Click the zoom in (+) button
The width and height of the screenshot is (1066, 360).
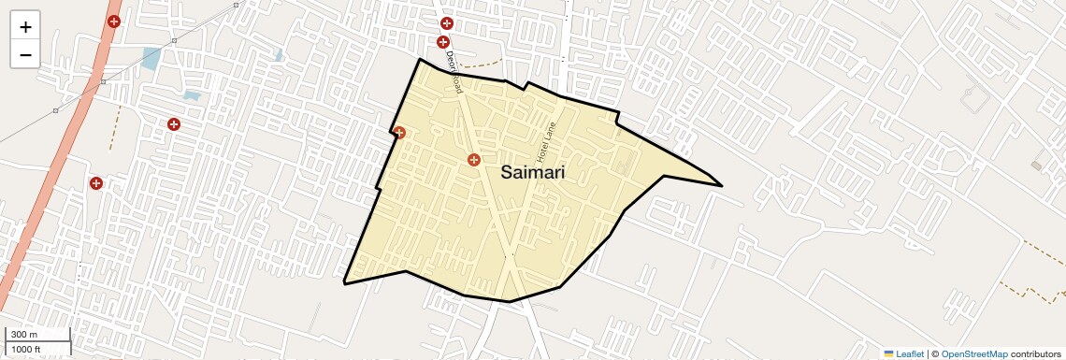[x=25, y=27]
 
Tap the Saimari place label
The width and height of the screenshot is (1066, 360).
[x=532, y=172]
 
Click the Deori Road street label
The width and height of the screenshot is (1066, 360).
[x=454, y=72]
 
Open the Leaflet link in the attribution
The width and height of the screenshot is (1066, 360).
[x=910, y=353]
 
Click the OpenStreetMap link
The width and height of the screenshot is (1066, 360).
[x=973, y=353]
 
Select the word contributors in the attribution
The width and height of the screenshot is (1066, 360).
[x=1035, y=353]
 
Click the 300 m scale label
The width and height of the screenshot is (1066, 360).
[x=24, y=335]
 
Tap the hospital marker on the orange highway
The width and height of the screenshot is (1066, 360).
[x=114, y=21]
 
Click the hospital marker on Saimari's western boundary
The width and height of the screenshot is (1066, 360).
[x=399, y=132]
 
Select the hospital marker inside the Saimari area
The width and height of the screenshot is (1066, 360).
[x=474, y=160]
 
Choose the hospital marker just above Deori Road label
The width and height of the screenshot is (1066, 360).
[x=443, y=41]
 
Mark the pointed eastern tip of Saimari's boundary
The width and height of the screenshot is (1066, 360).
[x=721, y=185]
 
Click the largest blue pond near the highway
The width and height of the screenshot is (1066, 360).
[x=151, y=58]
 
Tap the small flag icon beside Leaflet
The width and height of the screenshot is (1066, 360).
[x=888, y=353]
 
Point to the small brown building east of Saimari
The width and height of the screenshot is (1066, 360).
[x=1036, y=166]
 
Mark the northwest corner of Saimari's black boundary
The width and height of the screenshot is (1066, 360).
[x=419, y=60]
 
